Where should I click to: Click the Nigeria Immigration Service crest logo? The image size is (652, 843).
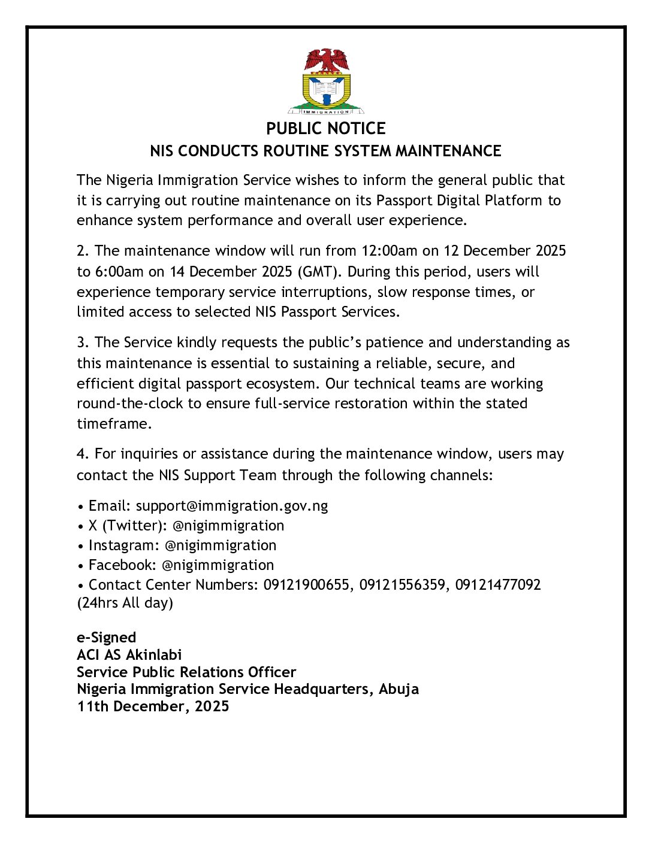pos(326,81)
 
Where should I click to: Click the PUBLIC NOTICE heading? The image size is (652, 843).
pos(326,129)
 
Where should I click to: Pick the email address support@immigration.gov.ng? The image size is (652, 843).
pos(232,506)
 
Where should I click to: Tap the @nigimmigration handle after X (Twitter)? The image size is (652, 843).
pos(228,526)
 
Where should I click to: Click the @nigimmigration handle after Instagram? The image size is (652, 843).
pos(221,545)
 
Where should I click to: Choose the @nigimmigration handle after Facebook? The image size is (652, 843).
pos(218,565)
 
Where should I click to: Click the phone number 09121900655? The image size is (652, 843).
pos(306,585)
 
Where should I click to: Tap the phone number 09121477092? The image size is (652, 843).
pos(498,585)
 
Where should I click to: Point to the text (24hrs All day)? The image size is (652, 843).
pos(125,603)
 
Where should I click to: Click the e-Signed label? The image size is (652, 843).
pos(107,638)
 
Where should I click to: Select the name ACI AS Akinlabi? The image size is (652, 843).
pos(129,655)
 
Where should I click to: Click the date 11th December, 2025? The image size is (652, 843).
pos(153,706)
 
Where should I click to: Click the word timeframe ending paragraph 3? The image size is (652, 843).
pos(113,424)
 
